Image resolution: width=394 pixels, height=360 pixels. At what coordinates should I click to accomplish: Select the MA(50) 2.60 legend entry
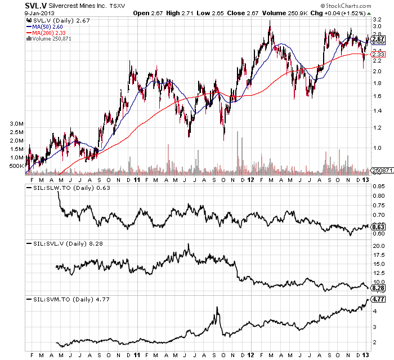(47, 26)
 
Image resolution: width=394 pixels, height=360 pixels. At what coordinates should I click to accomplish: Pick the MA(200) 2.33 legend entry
(48, 33)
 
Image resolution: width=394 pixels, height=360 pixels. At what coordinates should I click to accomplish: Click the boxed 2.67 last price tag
(378, 39)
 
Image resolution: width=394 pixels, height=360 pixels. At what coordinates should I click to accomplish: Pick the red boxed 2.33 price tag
(378, 54)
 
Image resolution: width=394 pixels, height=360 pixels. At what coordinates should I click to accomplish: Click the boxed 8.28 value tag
(378, 287)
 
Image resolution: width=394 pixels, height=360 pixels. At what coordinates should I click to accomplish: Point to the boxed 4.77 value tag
(378, 300)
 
